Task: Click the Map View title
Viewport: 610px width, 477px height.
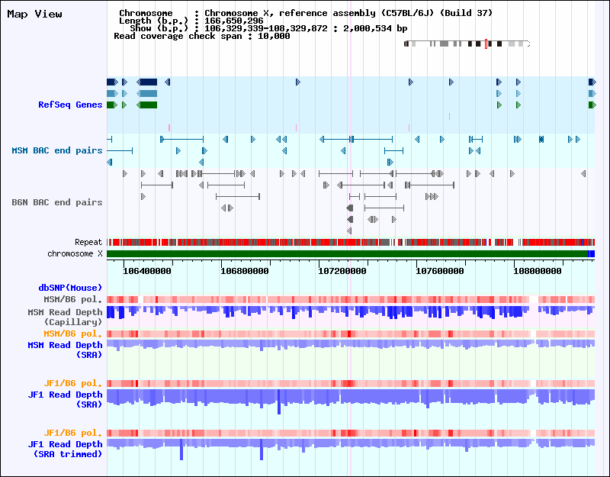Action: [x=34, y=14]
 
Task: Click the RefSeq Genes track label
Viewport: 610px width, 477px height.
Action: [x=70, y=105]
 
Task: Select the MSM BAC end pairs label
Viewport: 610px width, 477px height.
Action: [x=56, y=150]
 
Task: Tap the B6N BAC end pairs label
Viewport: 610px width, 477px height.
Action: [x=56, y=202]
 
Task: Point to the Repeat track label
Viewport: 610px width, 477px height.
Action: [x=88, y=242]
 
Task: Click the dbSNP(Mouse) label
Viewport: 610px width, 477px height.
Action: [x=70, y=288]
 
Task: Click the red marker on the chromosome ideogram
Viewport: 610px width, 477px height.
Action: [x=486, y=44]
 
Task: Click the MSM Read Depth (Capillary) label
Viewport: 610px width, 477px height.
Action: [x=65, y=317]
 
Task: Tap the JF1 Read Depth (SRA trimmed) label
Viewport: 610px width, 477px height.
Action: [x=65, y=449]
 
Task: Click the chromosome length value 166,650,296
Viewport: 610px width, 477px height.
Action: [x=233, y=21]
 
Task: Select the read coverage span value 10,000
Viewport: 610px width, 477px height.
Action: [x=273, y=36]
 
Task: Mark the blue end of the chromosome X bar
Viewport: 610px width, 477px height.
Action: [x=592, y=253]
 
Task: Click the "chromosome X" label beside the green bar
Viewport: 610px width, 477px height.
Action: [x=75, y=253]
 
